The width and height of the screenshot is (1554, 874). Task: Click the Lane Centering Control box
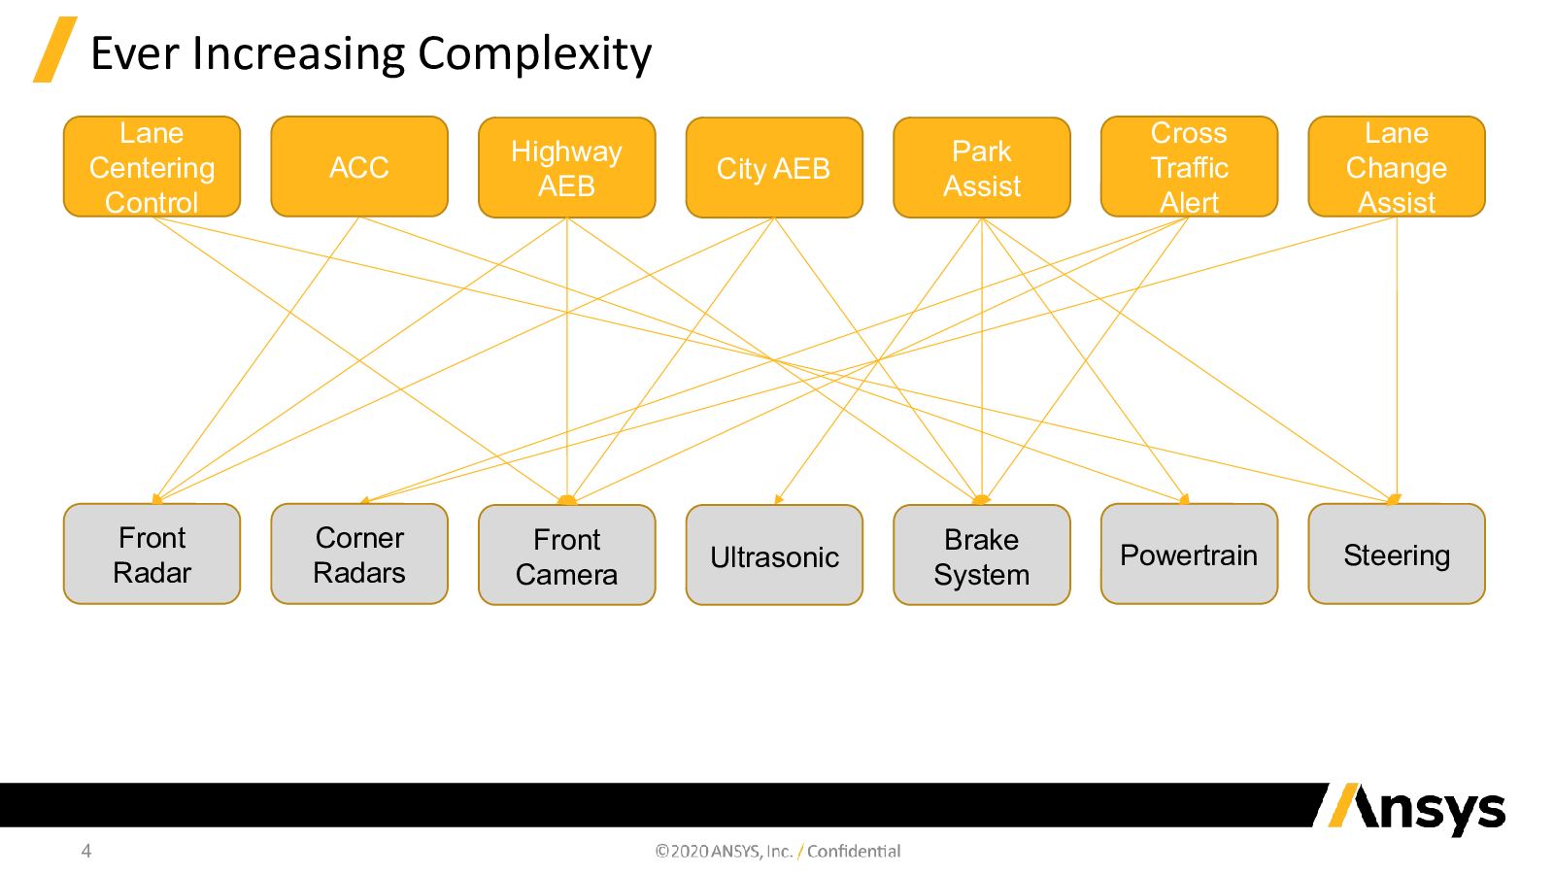pos(152,166)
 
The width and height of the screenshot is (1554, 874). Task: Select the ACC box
pos(359,166)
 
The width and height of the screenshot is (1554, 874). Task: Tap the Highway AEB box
pos(567,167)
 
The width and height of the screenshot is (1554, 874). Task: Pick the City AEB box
pos(774,167)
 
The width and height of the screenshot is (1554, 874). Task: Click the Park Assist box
pos(982,167)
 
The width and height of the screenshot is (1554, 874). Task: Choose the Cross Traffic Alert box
pos(1189,166)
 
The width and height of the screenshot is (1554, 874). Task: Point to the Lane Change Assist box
pos(1397,166)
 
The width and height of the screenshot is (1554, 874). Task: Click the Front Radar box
pos(152,554)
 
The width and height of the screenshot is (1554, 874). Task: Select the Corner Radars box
pos(359,554)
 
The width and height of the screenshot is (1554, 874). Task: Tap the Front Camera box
pos(567,555)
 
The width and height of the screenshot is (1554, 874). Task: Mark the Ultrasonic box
pos(774,555)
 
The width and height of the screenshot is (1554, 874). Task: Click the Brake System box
pos(982,555)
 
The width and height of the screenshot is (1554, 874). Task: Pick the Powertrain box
pos(1189,554)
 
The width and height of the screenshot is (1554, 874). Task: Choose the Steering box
pos(1397,554)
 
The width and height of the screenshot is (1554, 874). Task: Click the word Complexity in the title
pos(534,55)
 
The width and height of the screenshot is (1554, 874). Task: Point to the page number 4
pos(86,851)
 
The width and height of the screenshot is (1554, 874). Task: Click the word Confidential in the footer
pos(854,851)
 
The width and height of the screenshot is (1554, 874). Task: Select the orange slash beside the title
pos(54,50)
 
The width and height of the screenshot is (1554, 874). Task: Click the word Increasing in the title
pos(298,55)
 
